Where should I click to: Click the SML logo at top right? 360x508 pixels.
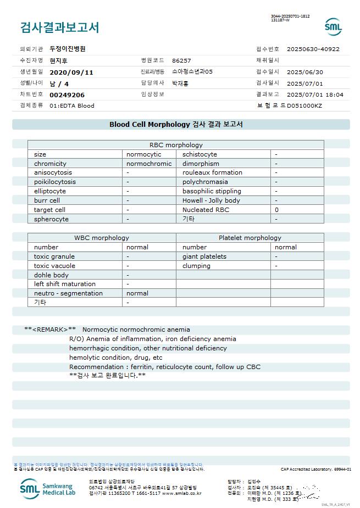pos(333,26)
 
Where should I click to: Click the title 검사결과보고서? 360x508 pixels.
pos(59,27)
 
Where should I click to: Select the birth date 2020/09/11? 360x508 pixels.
pos(71,72)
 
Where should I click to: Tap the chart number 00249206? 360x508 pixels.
pos(67,94)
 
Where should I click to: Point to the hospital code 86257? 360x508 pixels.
pos(181,60)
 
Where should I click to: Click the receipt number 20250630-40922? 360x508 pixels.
pos(313,49)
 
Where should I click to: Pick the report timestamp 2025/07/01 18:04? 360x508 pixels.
pos(315,94)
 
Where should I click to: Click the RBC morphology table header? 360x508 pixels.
pos(176,145)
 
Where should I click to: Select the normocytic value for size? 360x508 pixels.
pos(144,154)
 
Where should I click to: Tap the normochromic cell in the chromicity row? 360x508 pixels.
pos(149,164)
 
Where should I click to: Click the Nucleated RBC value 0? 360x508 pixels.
pos(276,210)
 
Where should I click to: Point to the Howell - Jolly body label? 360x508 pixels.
pos(211,200)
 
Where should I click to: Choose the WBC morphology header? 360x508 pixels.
pos(102,238)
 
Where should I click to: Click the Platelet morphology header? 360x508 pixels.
pos(250,238)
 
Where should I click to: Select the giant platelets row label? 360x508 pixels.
pos(204,256)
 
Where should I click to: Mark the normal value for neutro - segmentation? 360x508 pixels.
pos(137,293)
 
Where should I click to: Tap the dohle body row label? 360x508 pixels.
pos(51,275)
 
